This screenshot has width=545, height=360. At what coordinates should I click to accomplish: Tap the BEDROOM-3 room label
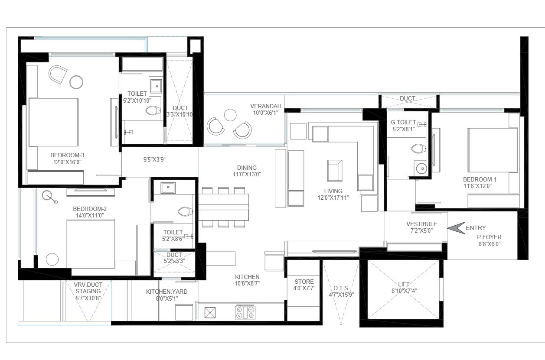67,155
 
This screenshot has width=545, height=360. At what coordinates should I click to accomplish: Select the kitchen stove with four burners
245,312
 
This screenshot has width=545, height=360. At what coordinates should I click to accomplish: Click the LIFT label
404,284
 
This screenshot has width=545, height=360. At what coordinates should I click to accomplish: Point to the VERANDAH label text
266,106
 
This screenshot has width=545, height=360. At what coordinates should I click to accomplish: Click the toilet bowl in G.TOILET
418,149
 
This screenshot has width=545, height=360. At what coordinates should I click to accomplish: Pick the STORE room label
304,282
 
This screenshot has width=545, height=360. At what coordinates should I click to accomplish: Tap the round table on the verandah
230,115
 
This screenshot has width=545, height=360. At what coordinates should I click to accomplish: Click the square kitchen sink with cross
210,313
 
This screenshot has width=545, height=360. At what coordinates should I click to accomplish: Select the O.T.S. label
341,288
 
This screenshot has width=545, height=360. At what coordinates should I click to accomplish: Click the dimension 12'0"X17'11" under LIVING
333,198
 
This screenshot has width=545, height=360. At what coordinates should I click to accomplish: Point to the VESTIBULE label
421,224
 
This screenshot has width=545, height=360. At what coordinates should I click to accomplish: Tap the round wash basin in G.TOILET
421,169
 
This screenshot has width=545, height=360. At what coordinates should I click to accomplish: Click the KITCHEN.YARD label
166,292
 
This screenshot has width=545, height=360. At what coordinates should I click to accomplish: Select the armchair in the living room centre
335,171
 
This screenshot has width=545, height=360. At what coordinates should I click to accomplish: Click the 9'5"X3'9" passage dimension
154,159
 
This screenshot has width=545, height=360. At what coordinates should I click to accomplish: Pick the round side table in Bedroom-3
76,82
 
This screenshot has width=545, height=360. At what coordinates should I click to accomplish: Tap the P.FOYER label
489,237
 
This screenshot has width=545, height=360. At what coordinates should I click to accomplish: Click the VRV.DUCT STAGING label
88,288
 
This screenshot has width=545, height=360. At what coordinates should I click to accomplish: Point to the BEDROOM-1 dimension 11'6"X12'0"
478,186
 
